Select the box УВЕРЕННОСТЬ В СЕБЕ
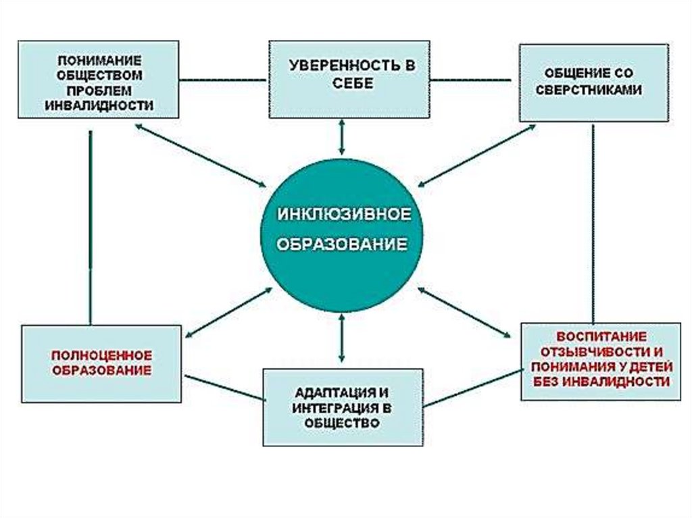pyautogui.click(x=349, y=80)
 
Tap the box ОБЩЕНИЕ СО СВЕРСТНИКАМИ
pyautogui.click(x=593, y=82)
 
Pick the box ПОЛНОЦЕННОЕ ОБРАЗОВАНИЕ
pyautogui.click(x=101, y=363)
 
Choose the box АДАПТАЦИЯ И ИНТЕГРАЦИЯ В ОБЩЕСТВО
pyautogui.click(x=343, y=407)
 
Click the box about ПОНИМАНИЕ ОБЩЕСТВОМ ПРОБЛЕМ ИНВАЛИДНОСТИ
pyautogui.click(x=99, y=80)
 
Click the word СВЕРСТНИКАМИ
pyautogui.click(x=593, y=89)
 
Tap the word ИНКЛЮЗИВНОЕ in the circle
pyautogui.click(x=343, y=214)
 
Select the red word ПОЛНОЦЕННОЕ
pyautogui.click(x=102, y=355)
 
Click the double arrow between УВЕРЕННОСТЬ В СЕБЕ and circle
pyautogui.click(x=342, y=138)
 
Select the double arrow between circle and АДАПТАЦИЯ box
pyautogui.click(x=342, y=338)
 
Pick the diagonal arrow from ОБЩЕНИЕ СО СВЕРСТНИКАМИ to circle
pyautogui.click(x=476, y=155)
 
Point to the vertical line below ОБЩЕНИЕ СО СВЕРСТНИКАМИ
pyautogui.click(x=593, y=223)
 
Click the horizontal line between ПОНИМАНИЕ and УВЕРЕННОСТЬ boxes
pyautogui.click(x=224, y=80)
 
